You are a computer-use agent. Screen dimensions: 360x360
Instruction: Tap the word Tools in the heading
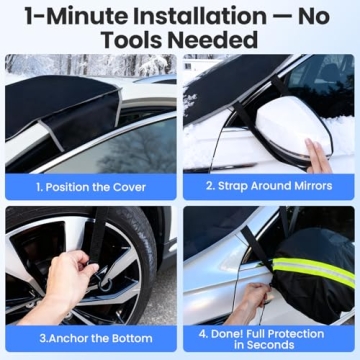(137, 42)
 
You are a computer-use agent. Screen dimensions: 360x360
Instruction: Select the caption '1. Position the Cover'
(90, 186)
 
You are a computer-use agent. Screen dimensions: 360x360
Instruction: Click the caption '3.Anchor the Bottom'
(90, 337)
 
